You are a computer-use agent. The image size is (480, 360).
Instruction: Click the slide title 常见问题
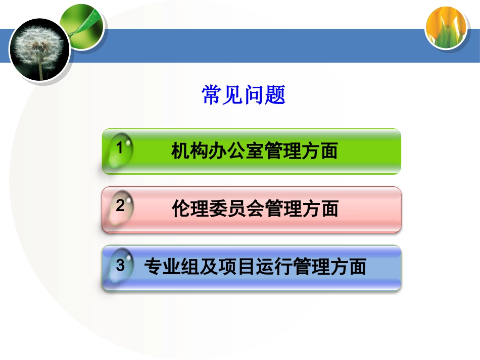click(x=244, y=95)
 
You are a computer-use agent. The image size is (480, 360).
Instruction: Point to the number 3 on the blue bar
click(x=120, y=265)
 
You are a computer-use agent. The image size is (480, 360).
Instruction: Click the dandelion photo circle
click(x=39, y=49)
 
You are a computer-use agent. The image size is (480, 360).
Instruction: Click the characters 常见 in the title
click(x=222, y=95)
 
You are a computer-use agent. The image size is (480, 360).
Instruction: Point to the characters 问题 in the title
click(x=265, y=95)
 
